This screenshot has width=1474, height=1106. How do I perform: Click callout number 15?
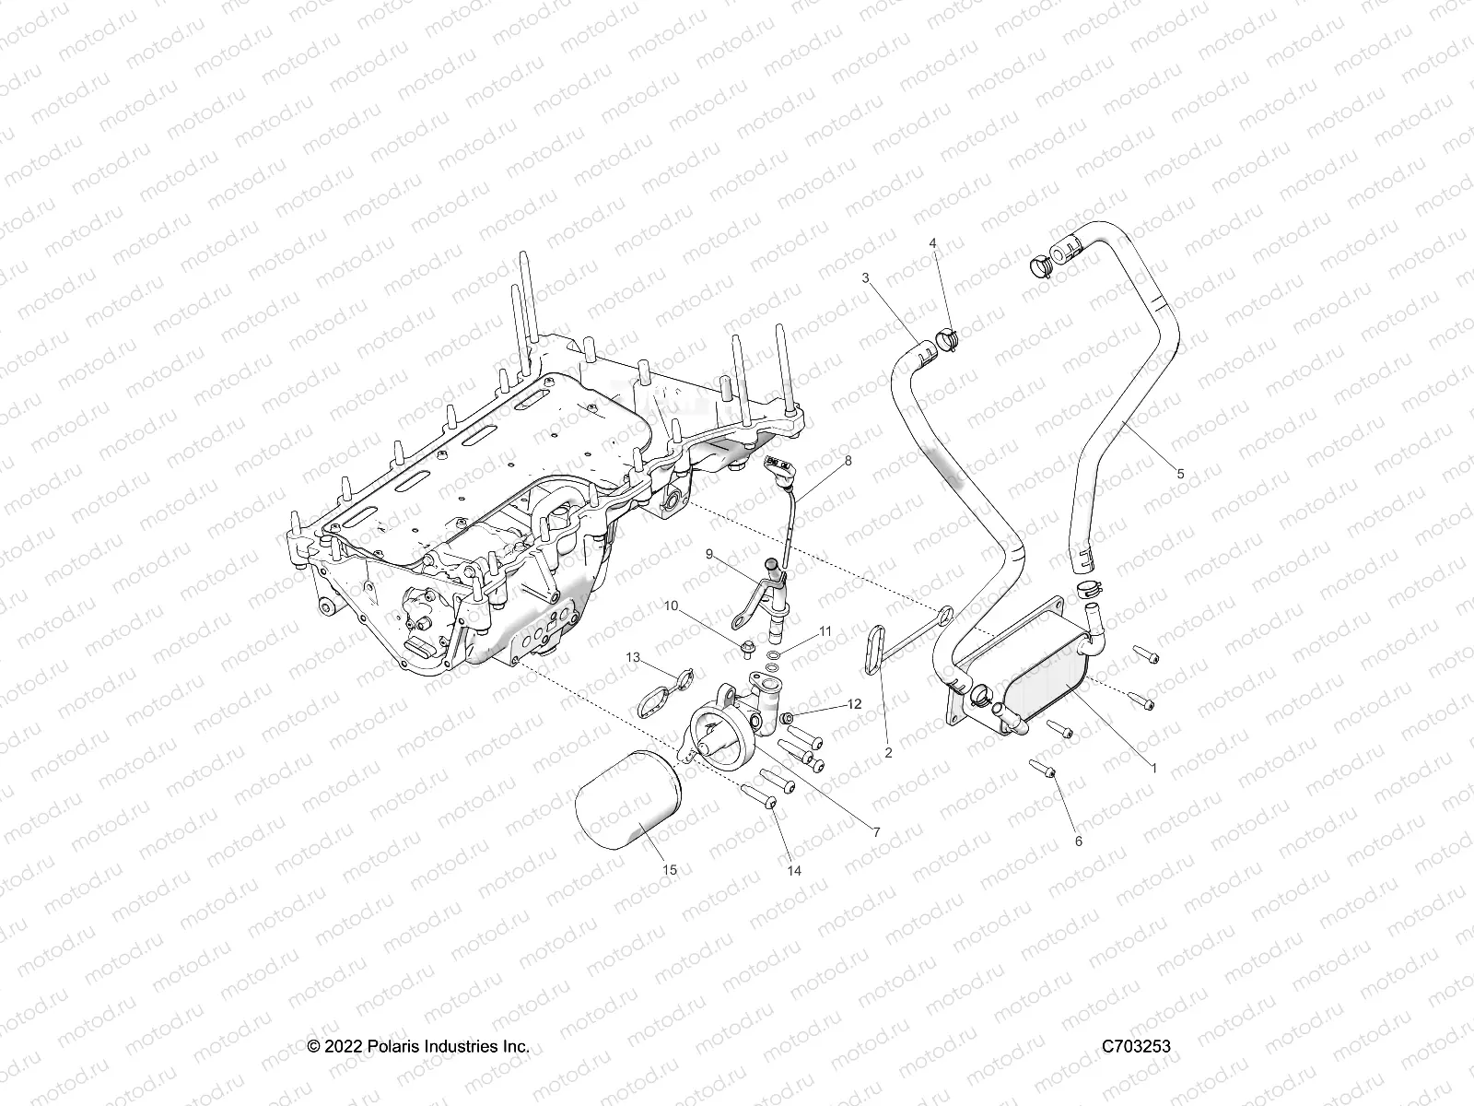[670, 869]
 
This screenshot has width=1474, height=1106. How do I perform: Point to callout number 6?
[1079, 841]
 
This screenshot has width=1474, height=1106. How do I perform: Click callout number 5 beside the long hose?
[1181, 474]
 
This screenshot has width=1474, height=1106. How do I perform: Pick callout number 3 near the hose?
[865, 277]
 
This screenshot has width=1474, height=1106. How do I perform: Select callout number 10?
[697, 606]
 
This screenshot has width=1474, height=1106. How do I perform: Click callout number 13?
[633, 656]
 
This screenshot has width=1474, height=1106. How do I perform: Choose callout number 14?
[793, 869]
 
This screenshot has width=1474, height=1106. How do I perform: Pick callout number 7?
[876, 831]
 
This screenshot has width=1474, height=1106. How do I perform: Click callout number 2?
[888, 752]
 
